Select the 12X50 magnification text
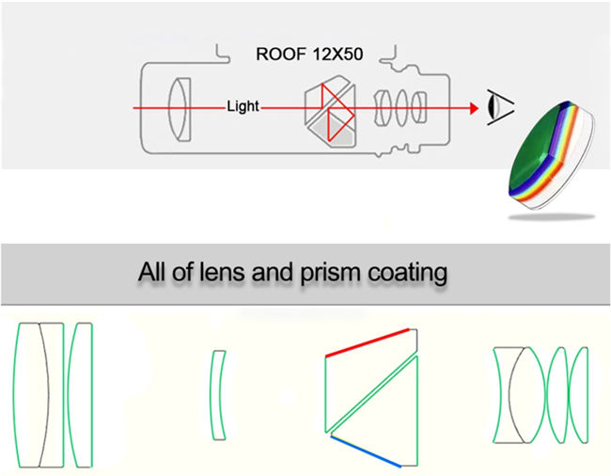pos(334,55)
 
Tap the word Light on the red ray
pos(243,107)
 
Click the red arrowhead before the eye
pos(473,108)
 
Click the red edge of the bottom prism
pos(367,341)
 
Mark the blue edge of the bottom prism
pos(363,452)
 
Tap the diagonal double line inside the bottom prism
pos(372,396)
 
